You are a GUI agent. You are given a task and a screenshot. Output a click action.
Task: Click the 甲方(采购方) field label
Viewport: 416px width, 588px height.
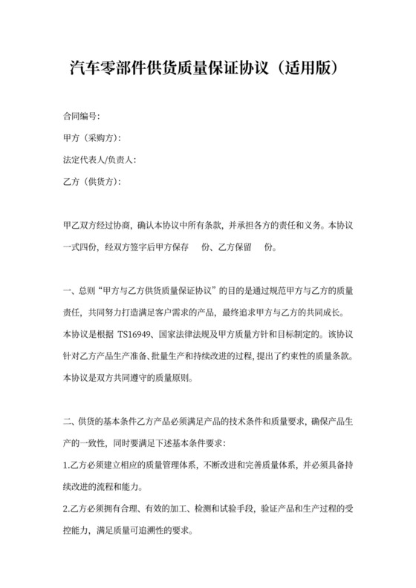coord(91,138)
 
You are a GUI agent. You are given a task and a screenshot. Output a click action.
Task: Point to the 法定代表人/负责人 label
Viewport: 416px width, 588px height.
coord(99,160)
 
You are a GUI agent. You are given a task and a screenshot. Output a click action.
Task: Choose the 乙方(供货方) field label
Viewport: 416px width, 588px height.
coord(91,181)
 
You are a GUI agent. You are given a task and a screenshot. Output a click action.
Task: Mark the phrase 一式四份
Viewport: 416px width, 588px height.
coord(81,246)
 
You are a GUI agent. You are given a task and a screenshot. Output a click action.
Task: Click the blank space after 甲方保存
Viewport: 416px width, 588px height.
coord(197,246)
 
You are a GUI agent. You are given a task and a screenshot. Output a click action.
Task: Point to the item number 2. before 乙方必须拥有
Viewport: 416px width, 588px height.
coord(67,509)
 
